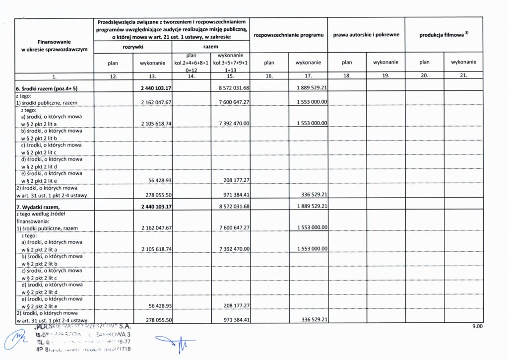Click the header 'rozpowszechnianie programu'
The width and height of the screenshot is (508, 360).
(x=288, y=35)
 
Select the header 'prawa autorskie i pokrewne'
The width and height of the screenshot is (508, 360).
(x=366, y=35)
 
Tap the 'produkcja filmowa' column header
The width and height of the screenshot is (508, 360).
(x=444, y=35)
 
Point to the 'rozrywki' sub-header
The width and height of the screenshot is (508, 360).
(x=133, y=47)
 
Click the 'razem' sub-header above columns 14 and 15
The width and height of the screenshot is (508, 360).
(x=211, y=47)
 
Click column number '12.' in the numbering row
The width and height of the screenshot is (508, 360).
(x=114, y=76)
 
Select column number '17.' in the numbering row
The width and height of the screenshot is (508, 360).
(x=308, y=76)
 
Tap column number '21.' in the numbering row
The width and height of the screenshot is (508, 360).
(x=463, y=76)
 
